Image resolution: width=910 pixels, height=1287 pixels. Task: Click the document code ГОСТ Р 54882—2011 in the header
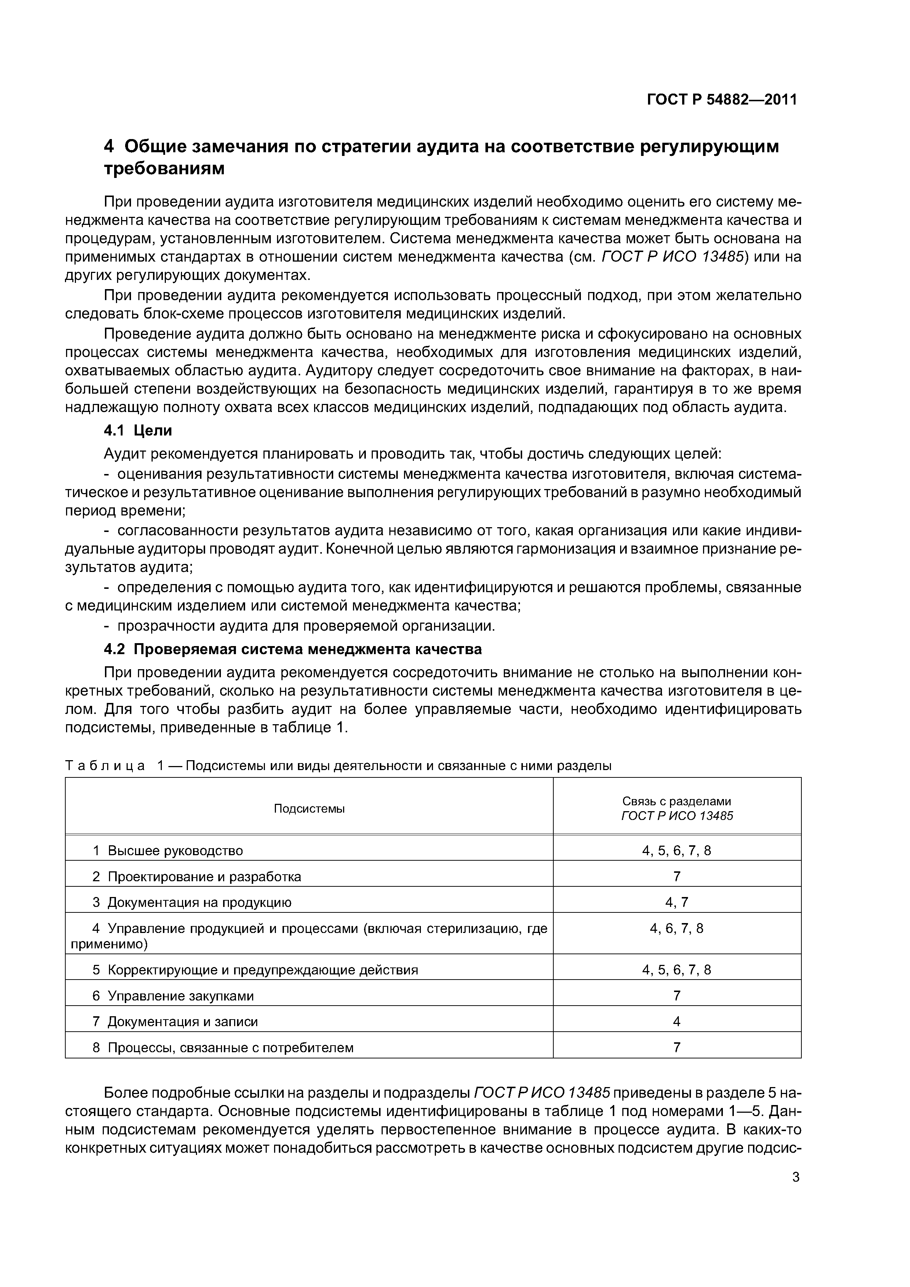(722, 100)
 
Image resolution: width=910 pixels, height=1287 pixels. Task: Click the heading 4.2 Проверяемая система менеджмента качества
(293, 649)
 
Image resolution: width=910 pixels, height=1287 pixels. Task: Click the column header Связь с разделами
(677, 802)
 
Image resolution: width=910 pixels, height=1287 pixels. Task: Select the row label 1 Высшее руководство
(168, 851)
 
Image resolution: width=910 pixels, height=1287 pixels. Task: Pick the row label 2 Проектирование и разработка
(197, 877)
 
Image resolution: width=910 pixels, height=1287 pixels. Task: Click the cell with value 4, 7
(677, 903)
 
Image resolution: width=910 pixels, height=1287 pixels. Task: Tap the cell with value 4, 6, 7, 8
(677, 929)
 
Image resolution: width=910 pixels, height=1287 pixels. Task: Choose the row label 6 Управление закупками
(173, 996)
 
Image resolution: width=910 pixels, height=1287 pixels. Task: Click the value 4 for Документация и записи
(677, 1022)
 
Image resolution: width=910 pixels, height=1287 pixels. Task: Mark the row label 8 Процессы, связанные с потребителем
(223, 1048)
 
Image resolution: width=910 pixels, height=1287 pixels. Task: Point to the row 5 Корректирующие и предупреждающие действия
(255, 970)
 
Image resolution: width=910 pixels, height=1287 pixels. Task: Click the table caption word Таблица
(105, 766)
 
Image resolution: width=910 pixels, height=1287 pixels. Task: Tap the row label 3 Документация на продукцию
(192, 903)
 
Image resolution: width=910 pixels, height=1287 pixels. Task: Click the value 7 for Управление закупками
(677, 996)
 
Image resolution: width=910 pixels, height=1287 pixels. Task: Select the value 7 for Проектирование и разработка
(677, 877)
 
